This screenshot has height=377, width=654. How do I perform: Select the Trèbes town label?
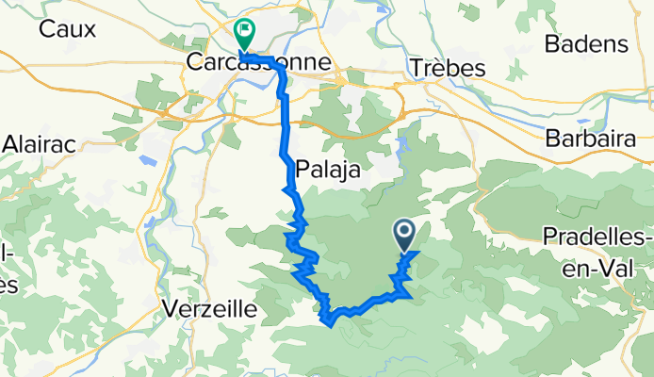pos(447,69)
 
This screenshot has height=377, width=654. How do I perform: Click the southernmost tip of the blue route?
pos(329,324)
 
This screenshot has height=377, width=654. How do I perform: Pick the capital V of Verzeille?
pos(171,308)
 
